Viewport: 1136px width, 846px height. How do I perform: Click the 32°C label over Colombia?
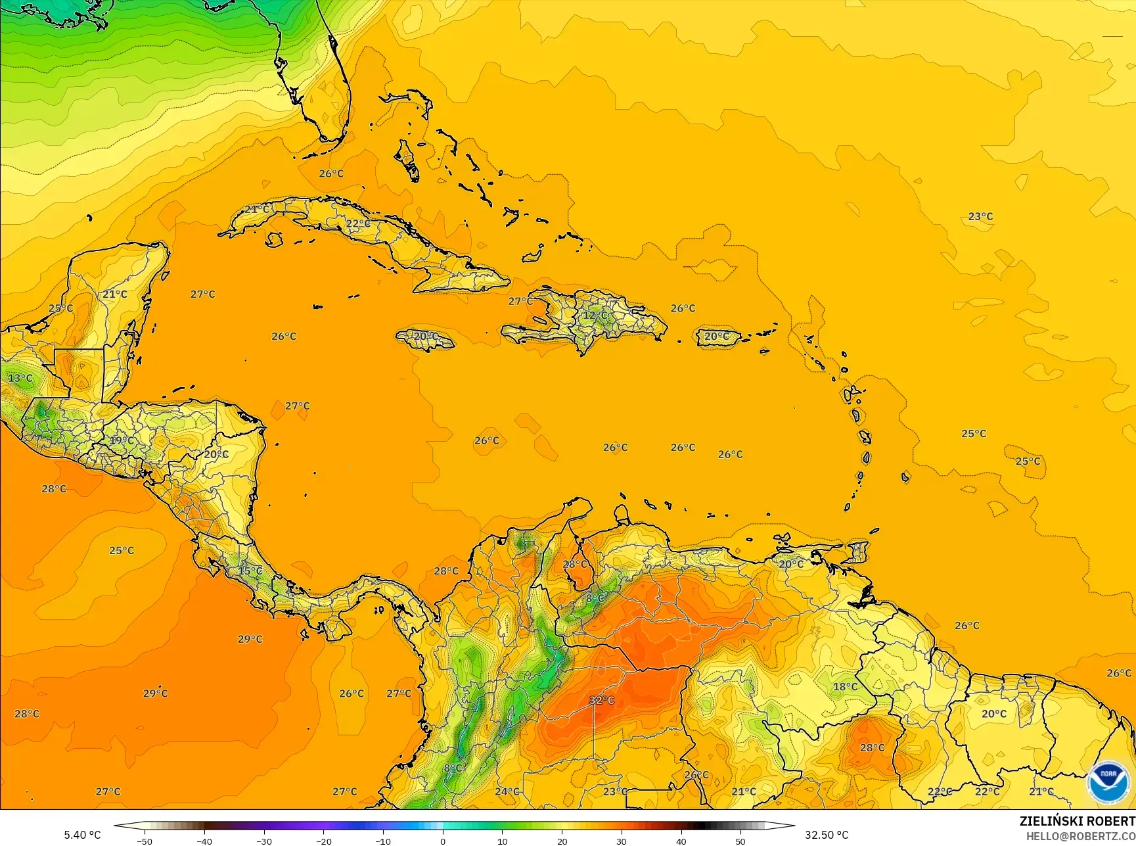pyautogui.click(x=601, y=700)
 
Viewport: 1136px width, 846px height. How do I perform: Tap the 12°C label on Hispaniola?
pyautogui.click(x=595, y=316)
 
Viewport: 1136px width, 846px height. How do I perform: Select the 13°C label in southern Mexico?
pyautogui.click(x=20, y=378)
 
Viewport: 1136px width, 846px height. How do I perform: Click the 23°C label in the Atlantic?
pyautogui.click(x=980, y=216)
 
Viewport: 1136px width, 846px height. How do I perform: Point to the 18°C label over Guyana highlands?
pyautogui.click(x=845, y=687)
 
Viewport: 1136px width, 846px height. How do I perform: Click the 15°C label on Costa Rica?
pyautogui.click(x=250, y=571)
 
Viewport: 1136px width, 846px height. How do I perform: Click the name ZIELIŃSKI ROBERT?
pyautogui.click(x=1077, y=821)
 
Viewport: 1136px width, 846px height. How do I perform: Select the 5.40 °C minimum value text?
pyautogui.click(x=82, y=835)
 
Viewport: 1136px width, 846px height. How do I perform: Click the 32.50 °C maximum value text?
pyautogui.click(x=827, y=835)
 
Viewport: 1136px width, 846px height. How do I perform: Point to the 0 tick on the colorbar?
pyautogui.click(x=443, y=841)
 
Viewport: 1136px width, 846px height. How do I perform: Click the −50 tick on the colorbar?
pyautogui.click(x=145, y=841)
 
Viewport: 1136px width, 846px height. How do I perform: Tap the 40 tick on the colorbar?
pyautogui.click(x=681, y=841)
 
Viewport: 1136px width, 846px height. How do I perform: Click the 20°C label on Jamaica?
pyautogui.click(x=424, y=337)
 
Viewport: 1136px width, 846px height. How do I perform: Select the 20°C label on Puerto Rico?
pyautogui.click(x=716, y=337)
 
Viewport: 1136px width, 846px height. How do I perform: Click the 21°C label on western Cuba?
pyautogui.click(x=256, y=209)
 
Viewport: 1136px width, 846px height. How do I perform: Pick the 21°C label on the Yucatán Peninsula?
pyautogui.click(x=114, y=294)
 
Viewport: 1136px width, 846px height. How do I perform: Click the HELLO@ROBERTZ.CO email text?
pyautogui.click(x=1081, y=835)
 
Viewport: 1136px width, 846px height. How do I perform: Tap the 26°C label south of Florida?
pyautogui.click(x=331, y=174)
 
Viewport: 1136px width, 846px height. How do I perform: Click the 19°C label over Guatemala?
pyautogui.click(x=122, y=440)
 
